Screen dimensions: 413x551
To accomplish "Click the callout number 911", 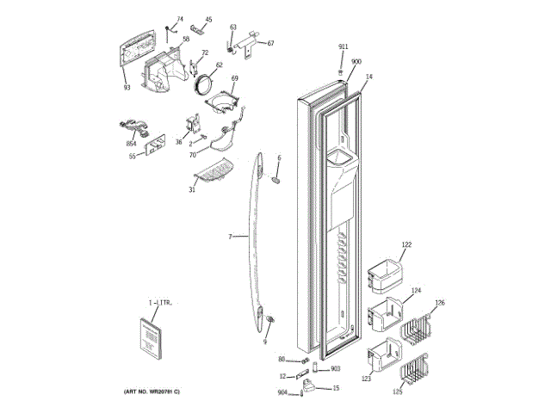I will [343, 46].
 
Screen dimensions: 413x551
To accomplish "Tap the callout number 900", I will [356, 62].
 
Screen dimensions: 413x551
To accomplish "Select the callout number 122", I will [406, 245].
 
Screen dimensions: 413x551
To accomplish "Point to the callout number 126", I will [439, 302].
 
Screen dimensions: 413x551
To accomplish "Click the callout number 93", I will [126, 87].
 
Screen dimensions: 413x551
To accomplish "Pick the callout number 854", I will [131, 144].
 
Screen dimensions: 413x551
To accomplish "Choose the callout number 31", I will [191, 189].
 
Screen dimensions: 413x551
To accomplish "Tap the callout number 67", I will [269, 43].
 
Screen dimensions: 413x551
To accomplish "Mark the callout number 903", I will [336, 368].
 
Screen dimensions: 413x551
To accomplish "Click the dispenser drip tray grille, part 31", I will [214, 175].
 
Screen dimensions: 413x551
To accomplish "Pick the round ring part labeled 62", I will [206, 83].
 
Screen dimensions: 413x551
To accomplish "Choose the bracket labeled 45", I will [194, 32].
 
